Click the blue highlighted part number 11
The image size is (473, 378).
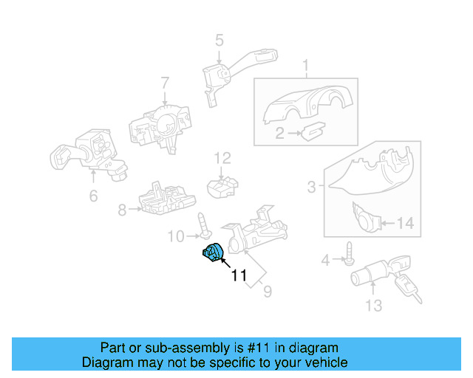[x=212, y=252]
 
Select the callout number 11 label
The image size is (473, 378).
[x=239, y=276]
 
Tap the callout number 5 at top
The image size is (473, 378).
[x=219, y=41]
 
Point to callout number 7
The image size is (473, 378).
[x=165, y=83]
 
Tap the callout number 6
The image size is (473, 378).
[x=93, y=196]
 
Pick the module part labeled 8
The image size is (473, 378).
[x=166, y=198]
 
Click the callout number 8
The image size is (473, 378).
[x=122, y=210]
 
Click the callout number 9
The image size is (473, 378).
[x=267, y=292]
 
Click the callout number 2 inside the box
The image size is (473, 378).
[x=279, y=134]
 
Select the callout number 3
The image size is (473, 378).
[x=311, y=188]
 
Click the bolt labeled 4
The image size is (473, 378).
[x=346, y=259]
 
